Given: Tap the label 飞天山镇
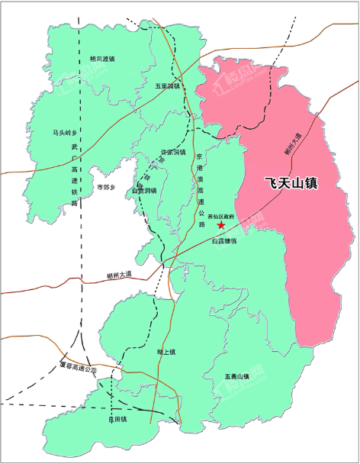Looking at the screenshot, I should (291, 185).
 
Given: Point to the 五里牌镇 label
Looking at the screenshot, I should (168, 86).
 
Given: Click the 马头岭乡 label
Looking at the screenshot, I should (65, 132).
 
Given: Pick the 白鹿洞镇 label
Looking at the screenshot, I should (144, 191).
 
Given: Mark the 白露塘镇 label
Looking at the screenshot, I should (225, 241).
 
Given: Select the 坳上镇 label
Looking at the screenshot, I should (166, 352).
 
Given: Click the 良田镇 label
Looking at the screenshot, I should (117, 420).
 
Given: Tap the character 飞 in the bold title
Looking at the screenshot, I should (270, 185).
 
